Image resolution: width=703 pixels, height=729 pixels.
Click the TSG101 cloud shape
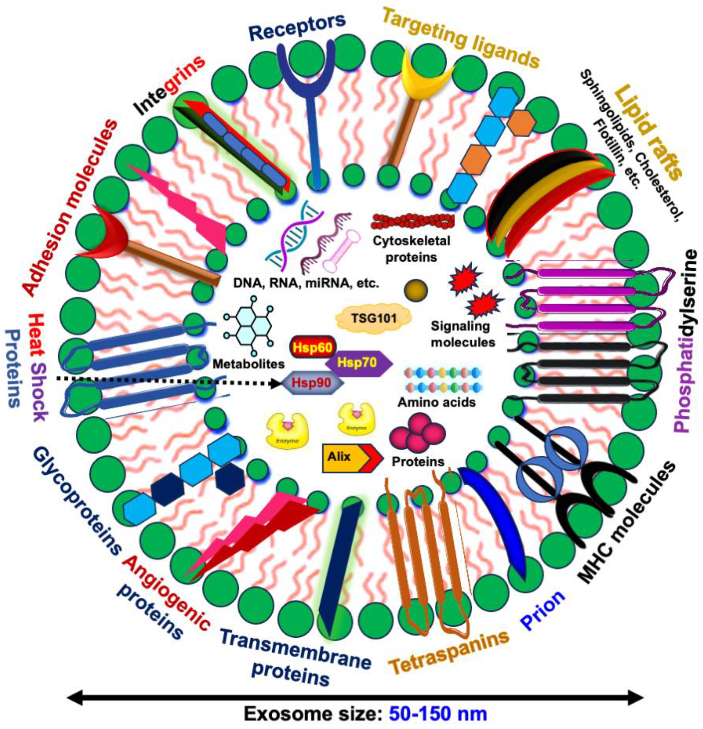pyautogui.click(x=374, y=318)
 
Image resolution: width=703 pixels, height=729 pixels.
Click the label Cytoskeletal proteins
pyautogui.click(x=412, y=248)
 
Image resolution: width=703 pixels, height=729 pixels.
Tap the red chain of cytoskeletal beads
pyautogui.click(x=413, y=221)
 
